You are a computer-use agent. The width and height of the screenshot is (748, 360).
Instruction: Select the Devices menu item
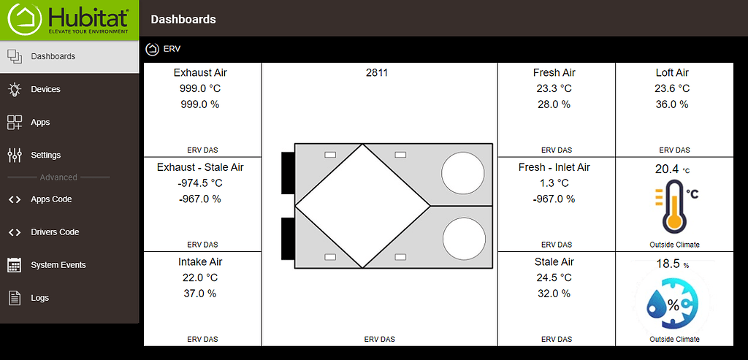tap(46, 89)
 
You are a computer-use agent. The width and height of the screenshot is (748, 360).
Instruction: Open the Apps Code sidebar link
tap(51, 199)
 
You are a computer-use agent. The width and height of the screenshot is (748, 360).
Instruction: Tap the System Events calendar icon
tap(15, 265)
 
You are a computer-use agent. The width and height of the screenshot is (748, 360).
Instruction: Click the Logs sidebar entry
tap(40, 298)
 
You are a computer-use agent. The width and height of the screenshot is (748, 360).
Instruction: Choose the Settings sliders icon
tap(15, 155)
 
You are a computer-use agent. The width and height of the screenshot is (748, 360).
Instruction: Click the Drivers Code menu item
tap(55, 232)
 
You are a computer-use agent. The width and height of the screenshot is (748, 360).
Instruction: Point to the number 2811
tap(377, 73)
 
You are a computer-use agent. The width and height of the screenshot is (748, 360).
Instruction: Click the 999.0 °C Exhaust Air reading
tap(200, 88)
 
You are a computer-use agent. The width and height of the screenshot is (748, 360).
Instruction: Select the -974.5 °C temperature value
tap(200, 183)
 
